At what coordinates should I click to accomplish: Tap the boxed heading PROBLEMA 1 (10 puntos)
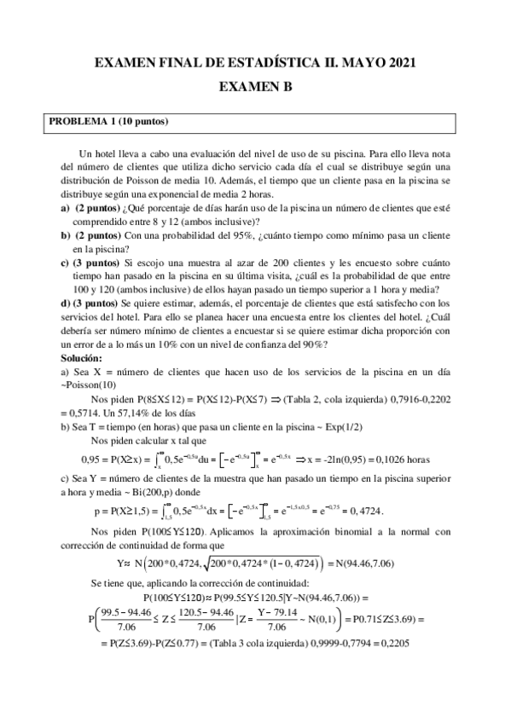point(108,122)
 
